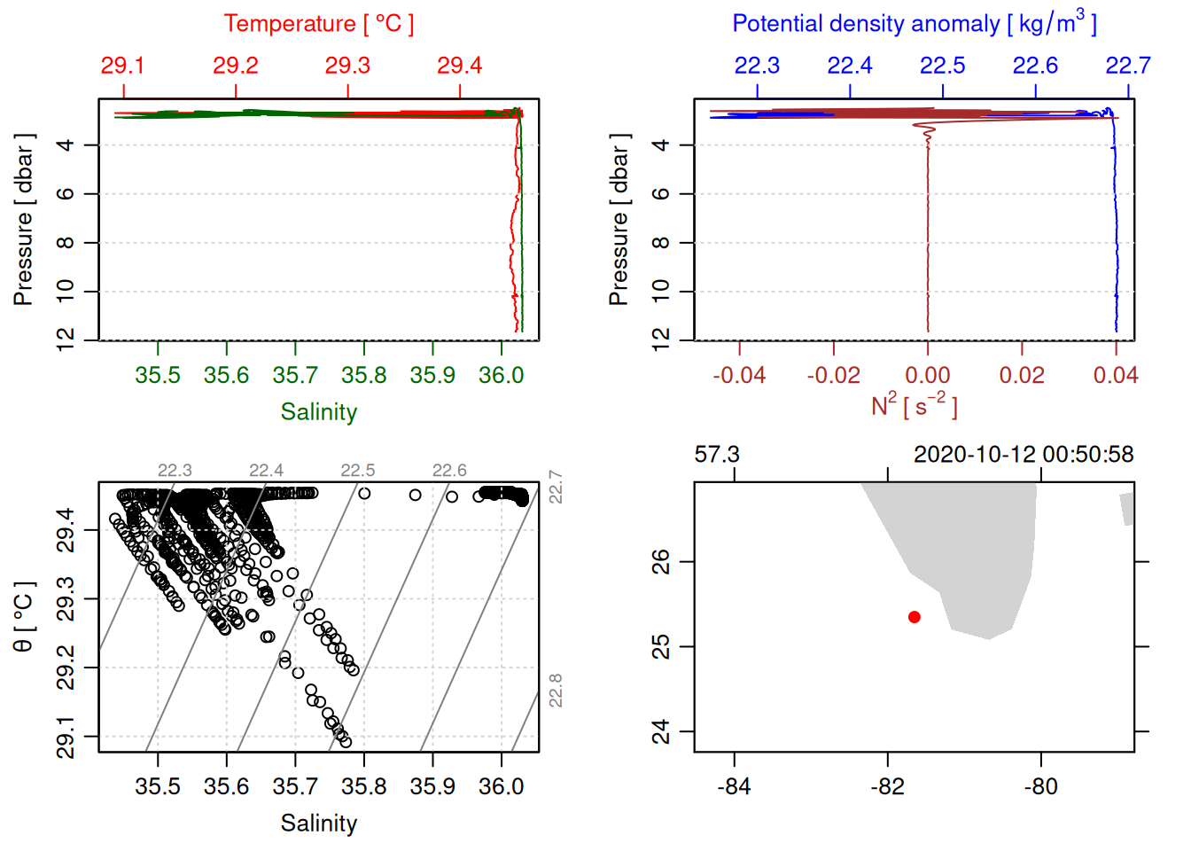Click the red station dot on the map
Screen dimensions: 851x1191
pyautogui.click(x=914, y=617)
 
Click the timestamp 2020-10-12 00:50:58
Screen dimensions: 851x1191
pyautogui.click(x=1024, y=455)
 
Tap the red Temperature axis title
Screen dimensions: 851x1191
pyautogui.click(x=318, y=24)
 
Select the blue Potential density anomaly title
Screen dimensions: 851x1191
pyautogui.click(x=914, y=24)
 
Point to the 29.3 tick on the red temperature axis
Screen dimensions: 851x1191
pyautogui.click(x=347, y=66)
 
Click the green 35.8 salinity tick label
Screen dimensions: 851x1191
pyautogui.click(x=363, y=376)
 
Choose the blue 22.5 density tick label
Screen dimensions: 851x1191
pyautogui.click(x=942, y=66)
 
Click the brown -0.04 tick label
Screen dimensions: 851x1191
pyautogui.click(x=739, y=376)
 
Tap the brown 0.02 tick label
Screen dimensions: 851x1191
pyautogui.click(x=1022, y=376)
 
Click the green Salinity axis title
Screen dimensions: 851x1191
pyautogui.click(x=318, y=412)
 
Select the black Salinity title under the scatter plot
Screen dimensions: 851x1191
pyautogui.click(x=318, y=824)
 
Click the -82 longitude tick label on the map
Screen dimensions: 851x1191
pyautogui.click(x=887, y=787)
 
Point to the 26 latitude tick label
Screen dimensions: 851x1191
pyautogui.click(x=661, y=562)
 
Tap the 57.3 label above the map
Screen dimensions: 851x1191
pyautogui.click(x=717, y=455)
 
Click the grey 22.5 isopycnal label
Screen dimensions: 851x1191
pyautogui.click(x=357, y=471)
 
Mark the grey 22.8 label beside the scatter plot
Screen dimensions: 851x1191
pyautogui.click(x=556, y=691)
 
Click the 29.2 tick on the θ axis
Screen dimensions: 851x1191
pyautogui.click(x=66, y=668)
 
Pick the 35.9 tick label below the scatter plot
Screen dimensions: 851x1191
pyautogui.click(x=432, y=787)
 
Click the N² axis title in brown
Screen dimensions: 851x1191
pyautogui.click(x=914, y=406)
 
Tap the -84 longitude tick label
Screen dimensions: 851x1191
pyautogui.click(x=734, y=787)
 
